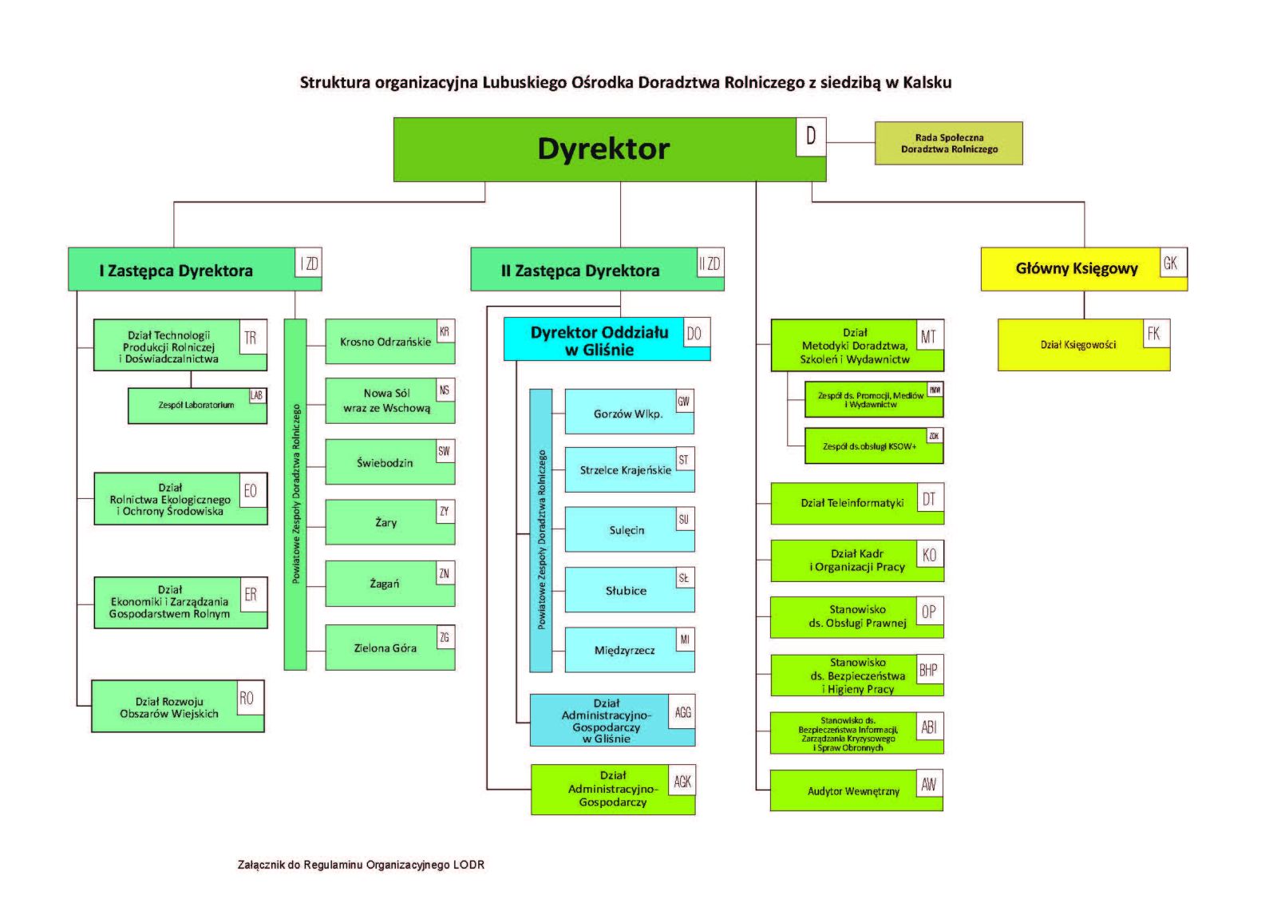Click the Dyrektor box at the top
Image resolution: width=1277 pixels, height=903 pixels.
point(603,149)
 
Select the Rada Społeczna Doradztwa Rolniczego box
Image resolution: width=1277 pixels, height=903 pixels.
point(948,144)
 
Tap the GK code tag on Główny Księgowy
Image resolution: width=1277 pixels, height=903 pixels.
point(1170,263)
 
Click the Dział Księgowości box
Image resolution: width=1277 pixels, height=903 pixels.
point(1077,346)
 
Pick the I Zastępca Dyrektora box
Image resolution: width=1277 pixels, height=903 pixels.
point(177,271)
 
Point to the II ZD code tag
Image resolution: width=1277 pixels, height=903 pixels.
point(710,263)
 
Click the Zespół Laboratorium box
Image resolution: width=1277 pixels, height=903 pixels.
point(196,406)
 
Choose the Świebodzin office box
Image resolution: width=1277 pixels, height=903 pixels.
point(385,463)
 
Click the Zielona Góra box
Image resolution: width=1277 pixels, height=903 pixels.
point(385,648)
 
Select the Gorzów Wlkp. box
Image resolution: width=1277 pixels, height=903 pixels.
point(627,414)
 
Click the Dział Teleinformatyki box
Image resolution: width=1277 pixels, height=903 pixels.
point(852,503)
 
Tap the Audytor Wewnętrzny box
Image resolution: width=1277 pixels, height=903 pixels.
point(852,791)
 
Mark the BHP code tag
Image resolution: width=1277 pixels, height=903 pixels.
point(928,670)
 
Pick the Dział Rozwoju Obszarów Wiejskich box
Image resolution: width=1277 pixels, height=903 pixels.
point(169,707)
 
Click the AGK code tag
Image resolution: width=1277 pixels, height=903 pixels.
point(682,782)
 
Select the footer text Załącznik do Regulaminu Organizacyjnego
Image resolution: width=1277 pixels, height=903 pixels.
point(361,865)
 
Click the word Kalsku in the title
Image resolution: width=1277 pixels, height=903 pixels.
point(927,82)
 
